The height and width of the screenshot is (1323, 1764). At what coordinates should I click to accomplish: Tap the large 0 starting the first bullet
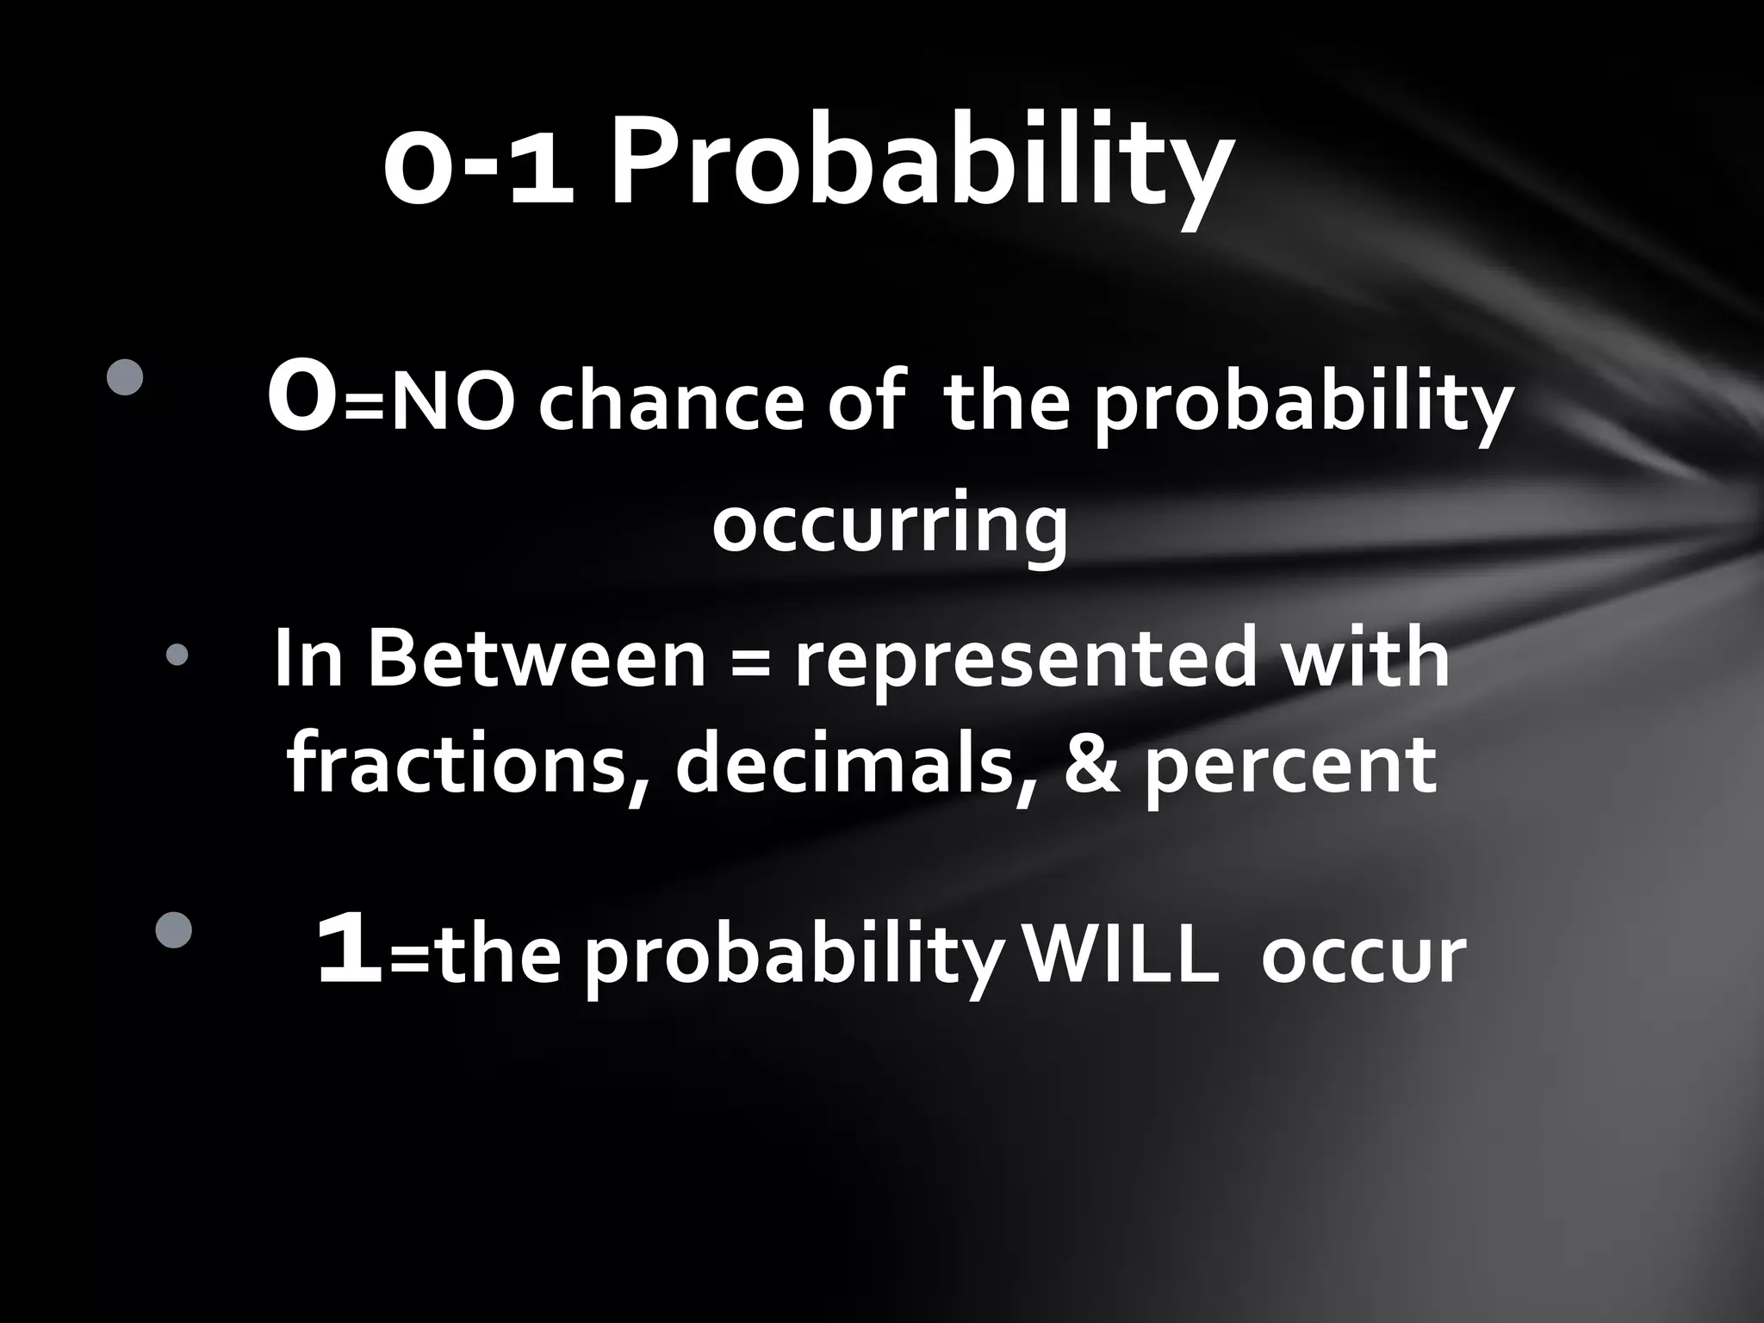pos(301,399)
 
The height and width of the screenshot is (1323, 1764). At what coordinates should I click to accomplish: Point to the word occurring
pos(889,524)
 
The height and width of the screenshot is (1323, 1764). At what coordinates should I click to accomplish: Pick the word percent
pos(1290,767)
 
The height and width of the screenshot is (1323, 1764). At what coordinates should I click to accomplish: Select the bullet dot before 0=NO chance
pos(126,377)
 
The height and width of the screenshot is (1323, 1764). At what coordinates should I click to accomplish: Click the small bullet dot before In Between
pos(177,655)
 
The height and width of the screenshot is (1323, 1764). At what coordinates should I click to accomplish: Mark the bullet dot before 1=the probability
pos(174,930)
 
